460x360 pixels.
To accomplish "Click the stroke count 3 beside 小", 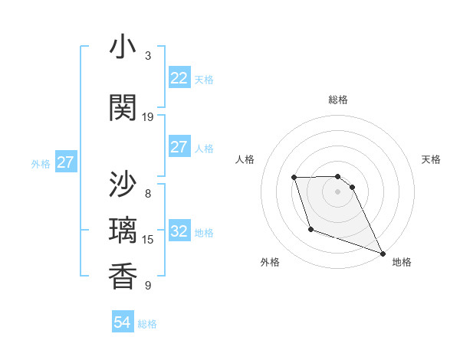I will pyautogui.click(x=148, y=56).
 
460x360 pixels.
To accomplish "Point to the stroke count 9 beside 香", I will pyautogui.click(x=148, y=286).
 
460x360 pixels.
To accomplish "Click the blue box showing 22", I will pyautogui.click(x=179, y=78).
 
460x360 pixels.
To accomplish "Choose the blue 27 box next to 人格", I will pyautogui.click(x=179, y=147).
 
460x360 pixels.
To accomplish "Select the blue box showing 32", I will pyautogui.click(x=179, y=231).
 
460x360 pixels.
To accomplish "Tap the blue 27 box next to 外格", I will pyautogui.click(x=65, y=162).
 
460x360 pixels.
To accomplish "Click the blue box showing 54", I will pyautogui.click(x=122, y=322).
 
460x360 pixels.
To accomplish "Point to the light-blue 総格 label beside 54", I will pyautogui.click(x=147, y=324).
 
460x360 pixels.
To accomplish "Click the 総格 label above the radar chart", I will pyautogui.click(x=337, y=100).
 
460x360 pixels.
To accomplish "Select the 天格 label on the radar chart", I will pyautogui.click(x=431, y=159).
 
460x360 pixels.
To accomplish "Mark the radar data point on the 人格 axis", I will pyautogui.click(x=294, y=178).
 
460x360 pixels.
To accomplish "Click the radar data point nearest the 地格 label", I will pyautogui.click(x=383, y=254).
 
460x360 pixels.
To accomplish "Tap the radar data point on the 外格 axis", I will pyautogui.click(x=310, y=229).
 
